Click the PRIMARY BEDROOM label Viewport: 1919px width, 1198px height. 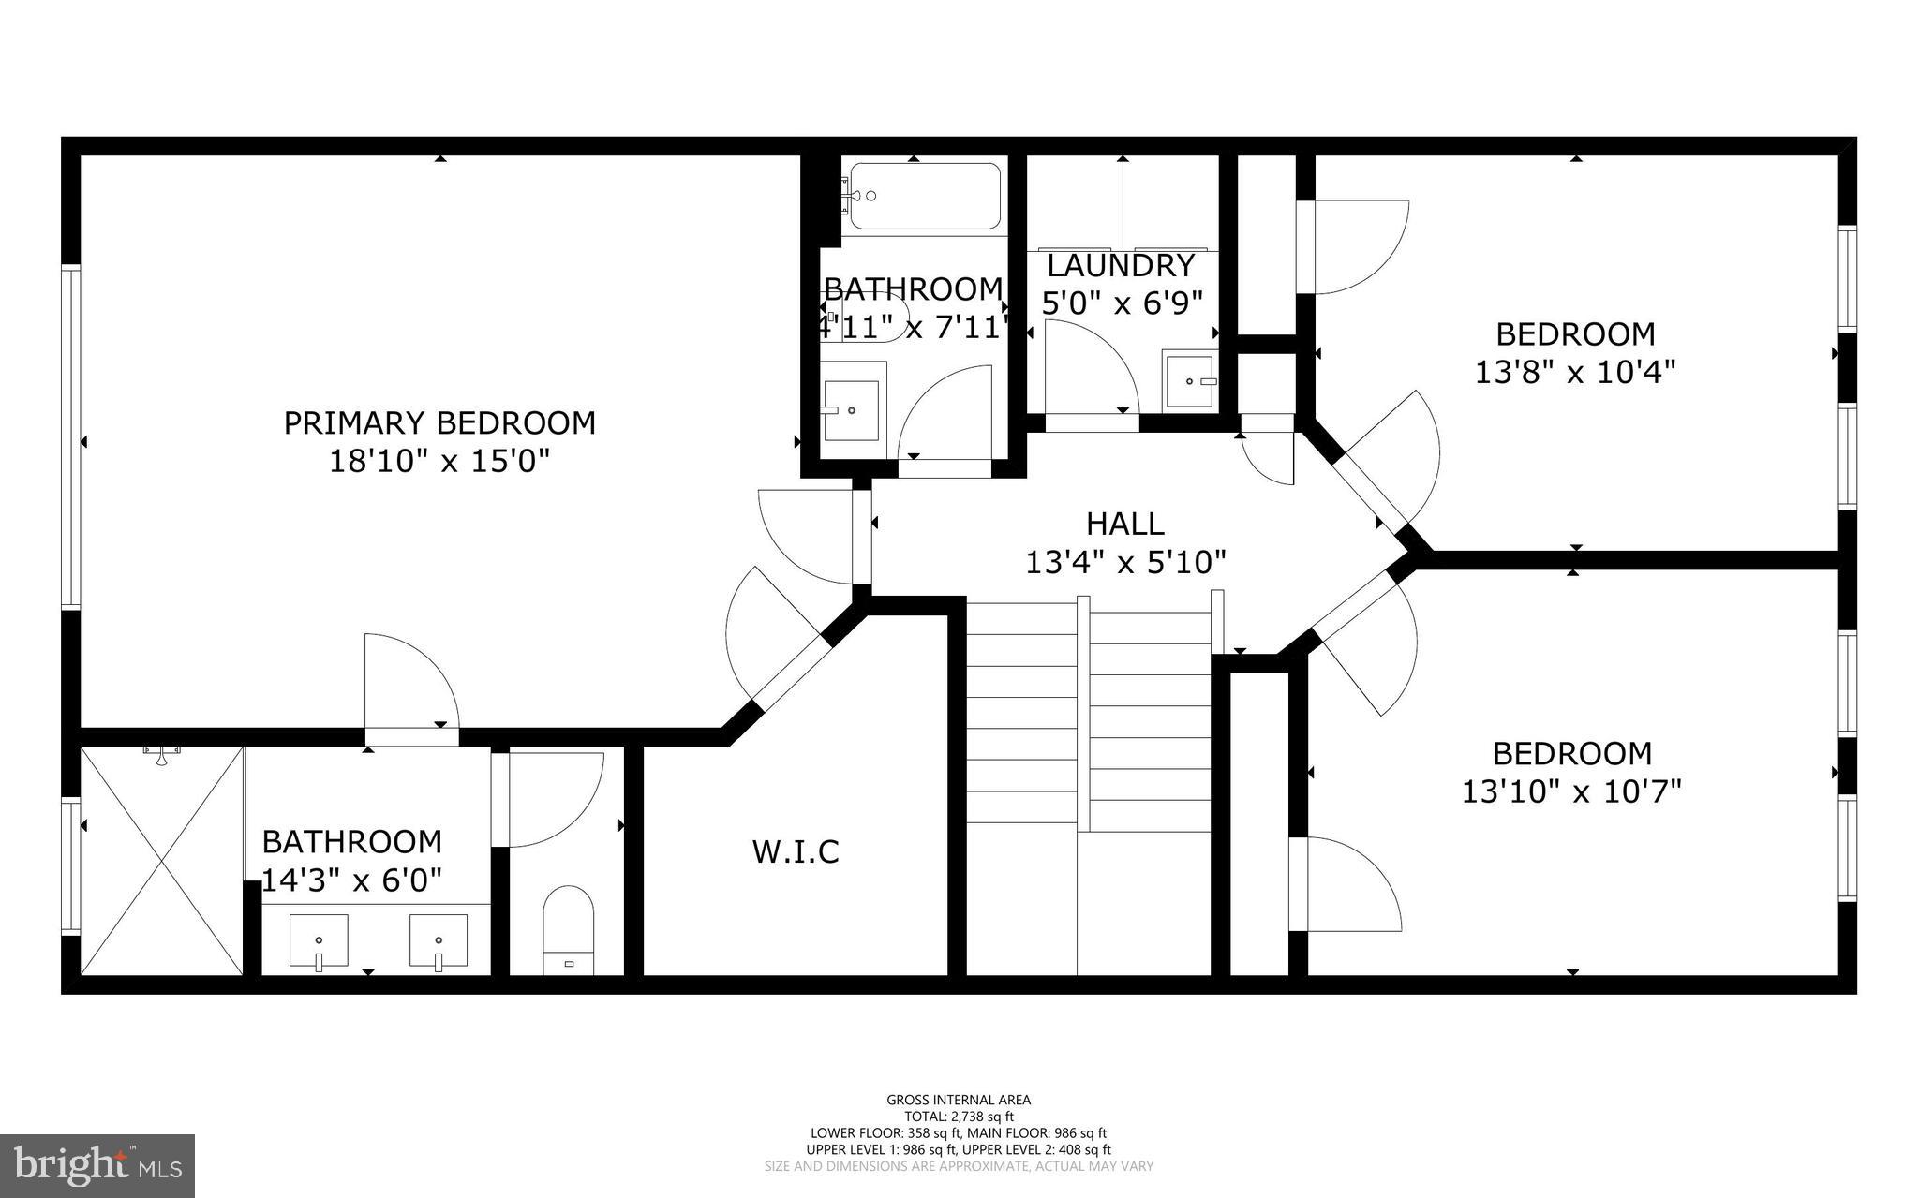tap(439, 423)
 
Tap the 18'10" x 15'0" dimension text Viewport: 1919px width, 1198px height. tap(439, 462)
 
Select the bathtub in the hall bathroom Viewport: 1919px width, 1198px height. tap(924, 197)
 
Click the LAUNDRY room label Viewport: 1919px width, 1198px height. tap(1121, 266)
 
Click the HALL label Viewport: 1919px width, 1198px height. tap(1124, 524)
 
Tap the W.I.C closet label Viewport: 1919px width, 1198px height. tap(796, 852)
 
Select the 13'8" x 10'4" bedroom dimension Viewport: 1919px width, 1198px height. tap(1575, 373)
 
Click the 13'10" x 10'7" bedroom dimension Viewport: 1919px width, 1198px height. tap(1571, 792)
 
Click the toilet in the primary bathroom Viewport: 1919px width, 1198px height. tap(569, 929)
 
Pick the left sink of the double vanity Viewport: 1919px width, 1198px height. tap(319, 941)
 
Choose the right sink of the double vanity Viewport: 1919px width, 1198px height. tap(438, 941)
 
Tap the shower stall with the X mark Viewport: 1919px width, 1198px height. tap(162, 860)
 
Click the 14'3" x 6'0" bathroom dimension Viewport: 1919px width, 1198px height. tap(351, 880)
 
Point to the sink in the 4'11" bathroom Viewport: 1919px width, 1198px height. tap(851, 410)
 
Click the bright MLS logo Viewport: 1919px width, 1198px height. tap(97, 1165)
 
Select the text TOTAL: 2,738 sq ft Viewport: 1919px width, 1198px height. tap(959, 1117)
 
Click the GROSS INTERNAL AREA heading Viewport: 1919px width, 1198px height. tap(959, 1100)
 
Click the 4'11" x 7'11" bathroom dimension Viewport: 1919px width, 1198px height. tap(914, 328)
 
